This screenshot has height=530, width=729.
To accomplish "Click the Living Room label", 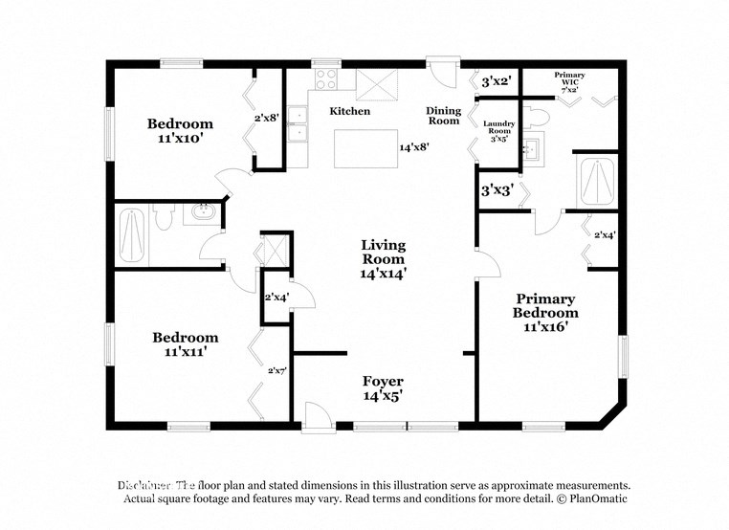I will click(384, 258).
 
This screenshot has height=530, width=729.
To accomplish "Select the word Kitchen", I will click(349, 112).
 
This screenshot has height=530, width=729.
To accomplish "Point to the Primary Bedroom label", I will click(545, 305).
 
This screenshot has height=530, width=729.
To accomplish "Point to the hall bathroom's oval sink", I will click(202, 211).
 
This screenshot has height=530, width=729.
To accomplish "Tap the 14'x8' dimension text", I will click(413, 147).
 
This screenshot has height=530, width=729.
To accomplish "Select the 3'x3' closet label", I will click(497, 190).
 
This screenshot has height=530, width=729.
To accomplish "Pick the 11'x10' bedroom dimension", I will click(180, 138).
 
